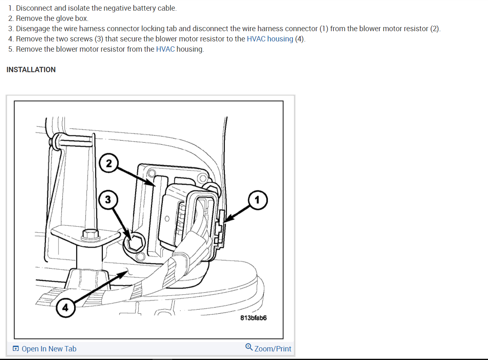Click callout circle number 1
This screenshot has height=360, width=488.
[257, 200]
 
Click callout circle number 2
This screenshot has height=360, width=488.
[108, 163]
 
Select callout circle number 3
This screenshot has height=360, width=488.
[107, 200]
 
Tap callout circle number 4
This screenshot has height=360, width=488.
[65, 307]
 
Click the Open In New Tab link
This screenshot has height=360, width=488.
[49, 349]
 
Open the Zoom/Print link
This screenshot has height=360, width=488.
[273, 349]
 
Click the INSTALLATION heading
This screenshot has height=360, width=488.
[31, 70]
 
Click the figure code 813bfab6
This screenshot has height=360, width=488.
[253, 318]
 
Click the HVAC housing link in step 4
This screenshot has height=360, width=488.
[270, 39]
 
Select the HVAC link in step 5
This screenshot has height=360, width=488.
[165, 49]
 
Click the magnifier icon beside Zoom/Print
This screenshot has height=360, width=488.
[249, 348]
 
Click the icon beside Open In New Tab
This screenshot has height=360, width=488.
[16, 349]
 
